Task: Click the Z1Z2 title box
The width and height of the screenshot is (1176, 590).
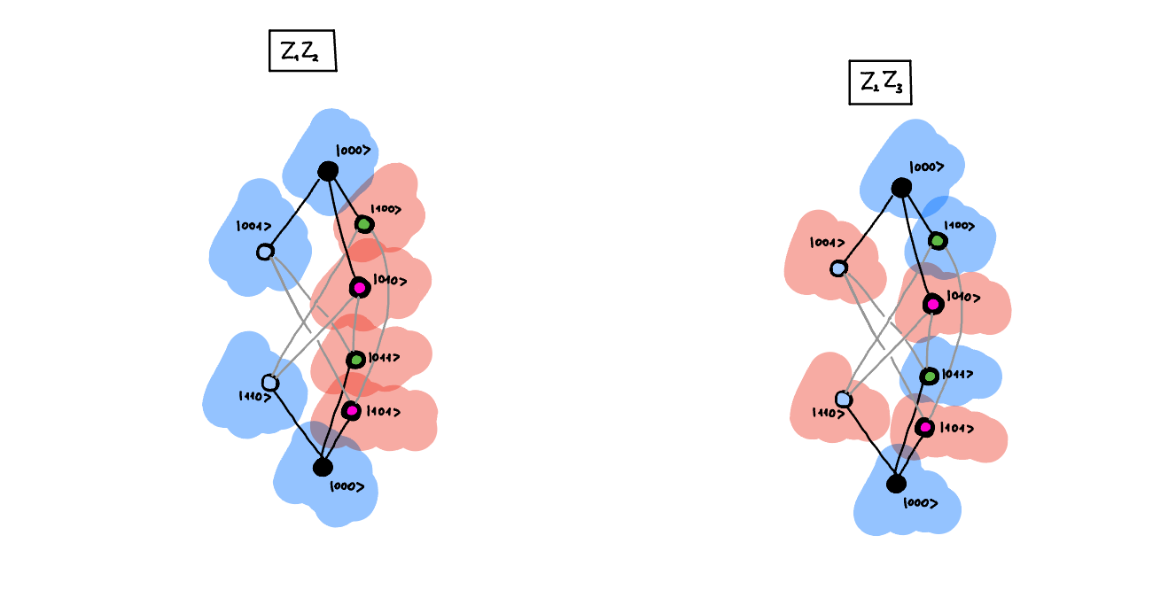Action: click(302, 52)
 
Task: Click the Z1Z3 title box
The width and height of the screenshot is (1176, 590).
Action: click(880, 82)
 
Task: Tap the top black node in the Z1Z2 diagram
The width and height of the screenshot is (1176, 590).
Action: click(328, 171)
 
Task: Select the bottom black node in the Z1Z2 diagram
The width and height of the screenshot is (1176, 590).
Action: click(323, 467)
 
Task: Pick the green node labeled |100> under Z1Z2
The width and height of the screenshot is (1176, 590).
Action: click(363, 224)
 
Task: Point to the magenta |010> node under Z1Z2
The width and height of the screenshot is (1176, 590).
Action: click(359, 288)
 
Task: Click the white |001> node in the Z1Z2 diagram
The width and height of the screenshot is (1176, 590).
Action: click(265, 252)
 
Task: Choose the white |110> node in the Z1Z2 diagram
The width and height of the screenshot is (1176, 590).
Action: click(270, 383)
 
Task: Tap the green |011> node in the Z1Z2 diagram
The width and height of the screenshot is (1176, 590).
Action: click(355, 360)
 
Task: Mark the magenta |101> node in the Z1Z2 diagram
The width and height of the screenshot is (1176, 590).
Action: click(352, 411)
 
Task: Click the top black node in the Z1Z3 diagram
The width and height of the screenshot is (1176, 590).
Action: click(901, 188)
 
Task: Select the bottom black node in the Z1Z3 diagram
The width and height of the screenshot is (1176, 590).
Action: click(896, 484)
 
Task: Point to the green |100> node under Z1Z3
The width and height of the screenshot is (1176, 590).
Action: click(937, 240)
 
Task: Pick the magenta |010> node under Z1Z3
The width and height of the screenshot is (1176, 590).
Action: click(932, 304)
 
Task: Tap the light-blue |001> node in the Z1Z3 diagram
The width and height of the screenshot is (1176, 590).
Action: click(838, 268)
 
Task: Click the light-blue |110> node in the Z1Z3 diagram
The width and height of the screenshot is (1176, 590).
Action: click(844, 400)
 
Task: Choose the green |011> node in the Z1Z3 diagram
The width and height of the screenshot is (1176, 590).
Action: click(929, 377)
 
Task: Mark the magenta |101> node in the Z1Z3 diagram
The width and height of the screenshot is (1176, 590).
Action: click(925, 428)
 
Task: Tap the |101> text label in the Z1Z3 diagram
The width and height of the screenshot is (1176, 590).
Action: click(960, 429)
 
